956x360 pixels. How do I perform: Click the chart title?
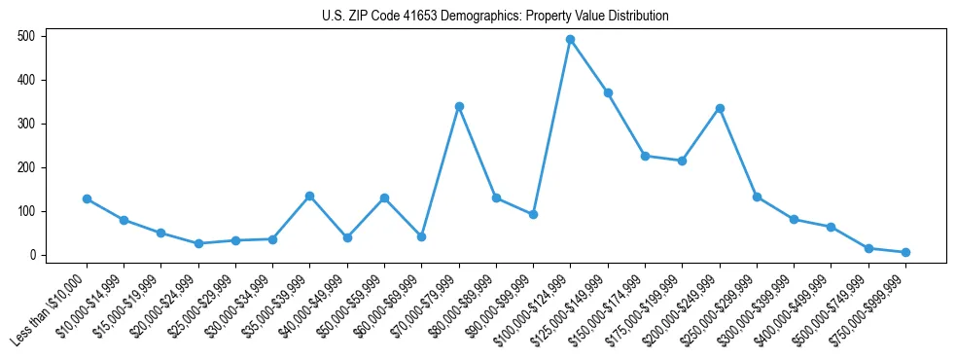(495, 16)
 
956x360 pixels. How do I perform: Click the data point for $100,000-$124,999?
(570, 39)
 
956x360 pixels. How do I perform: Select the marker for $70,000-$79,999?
(459, 106)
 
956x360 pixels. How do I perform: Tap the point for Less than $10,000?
(87, 198)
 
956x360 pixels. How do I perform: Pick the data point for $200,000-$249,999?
(720, 108)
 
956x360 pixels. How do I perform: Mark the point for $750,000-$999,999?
(905, 252)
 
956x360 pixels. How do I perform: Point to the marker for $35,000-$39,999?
(309, 196)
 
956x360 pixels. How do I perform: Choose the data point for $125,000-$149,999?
(608, 92)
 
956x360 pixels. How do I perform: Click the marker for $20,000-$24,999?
(198, 243)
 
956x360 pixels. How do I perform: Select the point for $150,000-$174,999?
(645, 156)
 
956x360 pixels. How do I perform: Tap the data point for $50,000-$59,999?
(384, 198)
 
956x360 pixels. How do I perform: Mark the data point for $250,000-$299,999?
(757, 197)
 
